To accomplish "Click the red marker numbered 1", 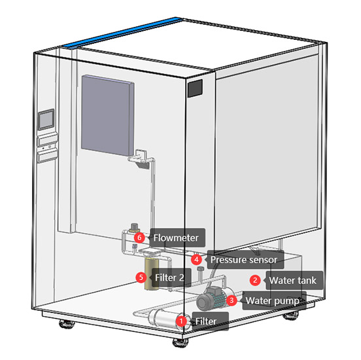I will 181,321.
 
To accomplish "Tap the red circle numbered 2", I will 254,280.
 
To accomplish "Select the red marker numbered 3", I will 232,301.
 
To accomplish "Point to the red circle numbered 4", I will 196,260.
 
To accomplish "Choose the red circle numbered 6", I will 139,237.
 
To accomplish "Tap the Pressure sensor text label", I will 243,260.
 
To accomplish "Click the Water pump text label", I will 271,301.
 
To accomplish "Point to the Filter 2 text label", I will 168,277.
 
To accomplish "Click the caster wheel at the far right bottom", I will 289,318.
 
